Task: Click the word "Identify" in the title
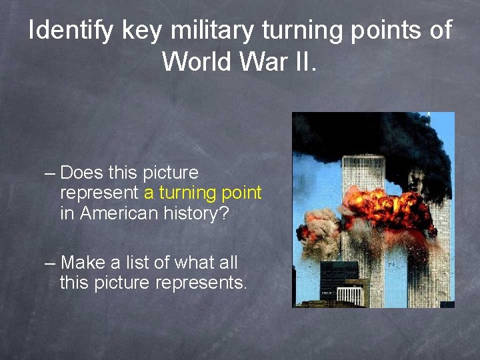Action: coord(70,31)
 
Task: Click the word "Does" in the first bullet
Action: coord(81,173)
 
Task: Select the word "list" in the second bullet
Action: coord(135,263)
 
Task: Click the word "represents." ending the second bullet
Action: coord(201,283)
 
